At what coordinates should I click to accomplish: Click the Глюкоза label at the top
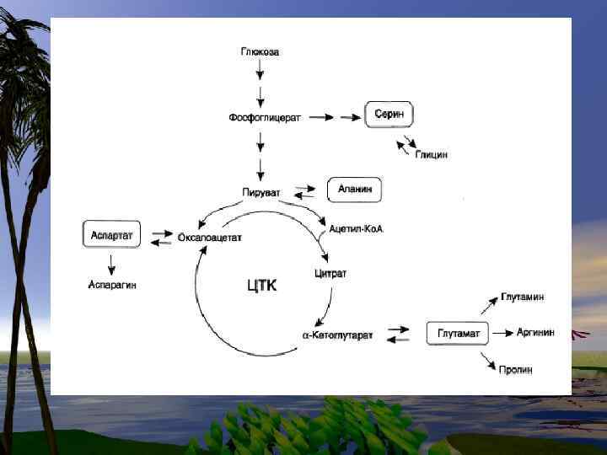coord(260,52)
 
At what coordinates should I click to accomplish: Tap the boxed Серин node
coord(389,115)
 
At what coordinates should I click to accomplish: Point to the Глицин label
coord(431,155)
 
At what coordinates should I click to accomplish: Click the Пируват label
coord(261,193)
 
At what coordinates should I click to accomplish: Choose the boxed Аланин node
coord(354,190)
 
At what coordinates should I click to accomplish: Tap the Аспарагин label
coord(113,285)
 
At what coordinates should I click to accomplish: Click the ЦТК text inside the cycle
coord(261,286)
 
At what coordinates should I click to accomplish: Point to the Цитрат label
coord(330,274)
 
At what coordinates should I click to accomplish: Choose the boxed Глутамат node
coord(459,334)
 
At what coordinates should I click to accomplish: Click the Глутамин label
coord(523,297)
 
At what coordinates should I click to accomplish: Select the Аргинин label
coord(535,333)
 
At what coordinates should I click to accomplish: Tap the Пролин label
coord(515,370)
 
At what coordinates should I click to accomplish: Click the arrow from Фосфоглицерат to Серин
coord(327,117)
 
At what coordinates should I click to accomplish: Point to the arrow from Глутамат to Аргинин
coord(502,334)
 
